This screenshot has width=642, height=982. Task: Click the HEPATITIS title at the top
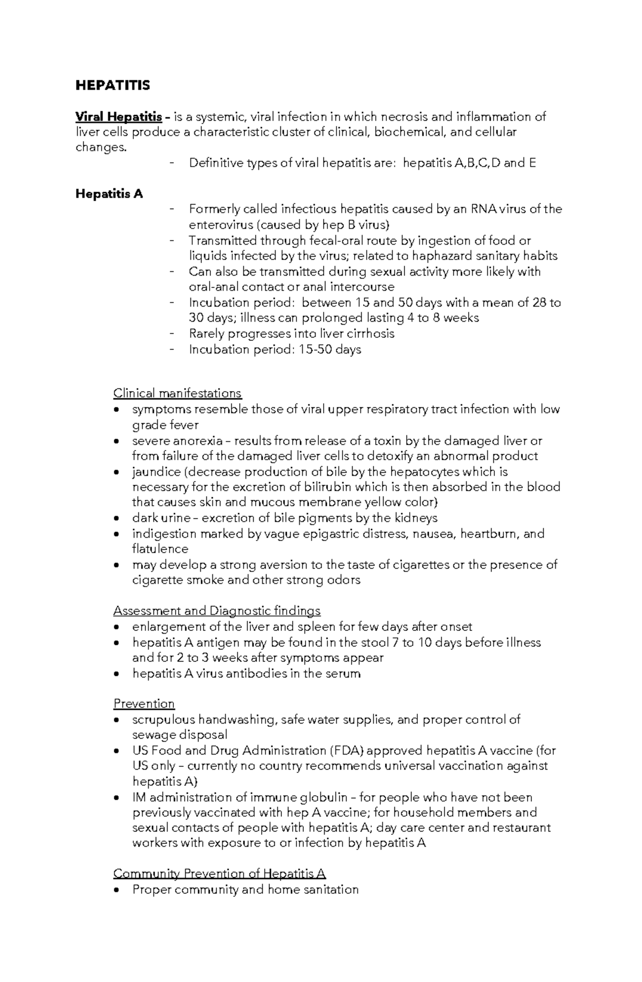tap(113, 86)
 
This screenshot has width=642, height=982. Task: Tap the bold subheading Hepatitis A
tap(109, 194)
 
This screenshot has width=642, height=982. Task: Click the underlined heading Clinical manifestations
tap(177, 393)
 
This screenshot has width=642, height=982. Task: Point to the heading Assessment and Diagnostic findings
tap(217, 611)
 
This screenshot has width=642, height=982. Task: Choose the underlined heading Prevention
tap(144, 704)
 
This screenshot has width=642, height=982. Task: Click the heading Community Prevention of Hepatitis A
tap(219, 874)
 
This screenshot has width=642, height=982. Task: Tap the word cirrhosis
tap(370, 334)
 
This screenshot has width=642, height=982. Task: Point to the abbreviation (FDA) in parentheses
tap(346, 750)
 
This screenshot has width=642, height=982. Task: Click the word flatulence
tap(160, 549)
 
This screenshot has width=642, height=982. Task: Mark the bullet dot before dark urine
tap(117, 519)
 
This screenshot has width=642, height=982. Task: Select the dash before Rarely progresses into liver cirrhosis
tap(171, 334)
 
